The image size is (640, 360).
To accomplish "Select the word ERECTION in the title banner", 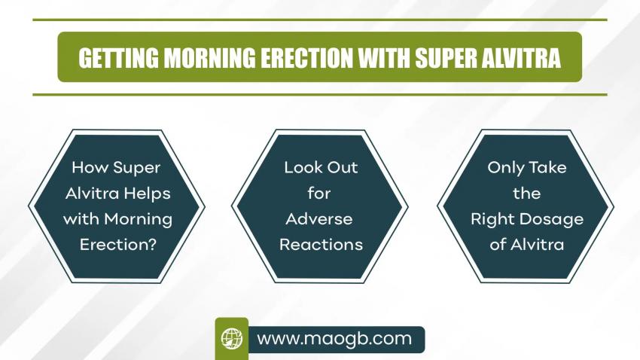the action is click(306, 58).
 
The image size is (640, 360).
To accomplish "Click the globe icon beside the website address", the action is click(232, 339).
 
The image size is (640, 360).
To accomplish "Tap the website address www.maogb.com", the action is click(334, 339).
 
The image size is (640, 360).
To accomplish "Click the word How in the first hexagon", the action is click(90, 167).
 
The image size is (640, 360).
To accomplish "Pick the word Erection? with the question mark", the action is click(118, 245).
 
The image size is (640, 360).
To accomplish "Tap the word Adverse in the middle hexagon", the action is click(319, 219).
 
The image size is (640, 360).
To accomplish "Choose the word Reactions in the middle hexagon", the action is click(322, 245).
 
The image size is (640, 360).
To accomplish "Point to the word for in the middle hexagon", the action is click(319, 193).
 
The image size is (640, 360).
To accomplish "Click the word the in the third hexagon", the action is click(527, 193).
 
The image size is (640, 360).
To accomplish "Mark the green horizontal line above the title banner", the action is click(320, 20).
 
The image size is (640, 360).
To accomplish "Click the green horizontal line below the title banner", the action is click(320, 95).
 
